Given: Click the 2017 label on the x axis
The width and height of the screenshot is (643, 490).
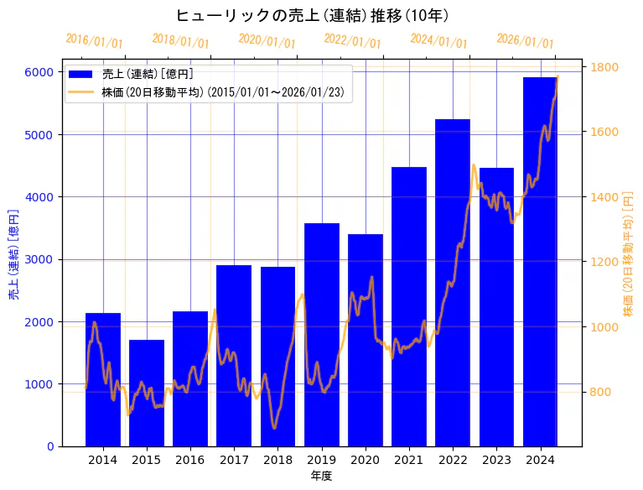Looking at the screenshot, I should pos(234,460).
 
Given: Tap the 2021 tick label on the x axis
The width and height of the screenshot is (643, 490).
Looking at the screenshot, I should pos(409,460).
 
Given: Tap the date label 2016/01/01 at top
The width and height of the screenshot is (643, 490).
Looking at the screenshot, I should pos(94,41).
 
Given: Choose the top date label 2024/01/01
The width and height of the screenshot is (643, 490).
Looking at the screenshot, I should pos(438,41).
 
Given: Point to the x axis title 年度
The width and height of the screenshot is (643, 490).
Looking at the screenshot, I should pos(322,476).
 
